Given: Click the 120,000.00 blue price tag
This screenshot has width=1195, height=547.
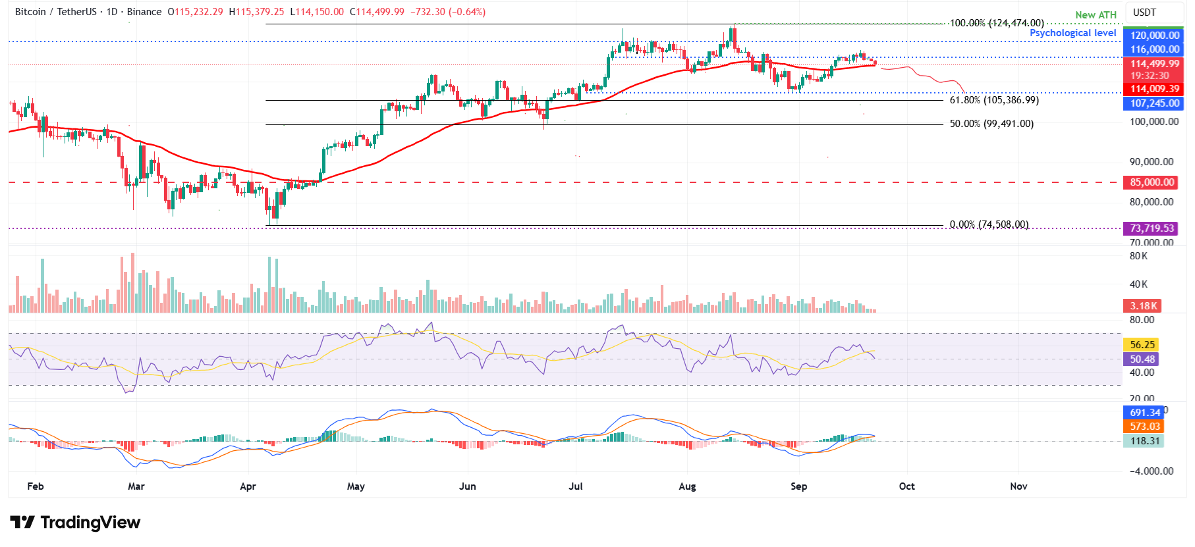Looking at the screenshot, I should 1153,36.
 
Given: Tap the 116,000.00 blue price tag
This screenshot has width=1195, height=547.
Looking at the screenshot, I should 1153,49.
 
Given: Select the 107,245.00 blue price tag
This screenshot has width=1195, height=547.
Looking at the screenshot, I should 1153,103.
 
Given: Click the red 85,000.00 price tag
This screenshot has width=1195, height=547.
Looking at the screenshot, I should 1152,182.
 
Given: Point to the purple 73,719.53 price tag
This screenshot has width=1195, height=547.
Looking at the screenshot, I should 1152,228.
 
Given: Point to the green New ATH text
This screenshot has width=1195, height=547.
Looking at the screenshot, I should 1096,15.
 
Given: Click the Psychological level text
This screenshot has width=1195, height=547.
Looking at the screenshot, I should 1072,33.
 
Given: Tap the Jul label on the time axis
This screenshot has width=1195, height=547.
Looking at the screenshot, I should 576,486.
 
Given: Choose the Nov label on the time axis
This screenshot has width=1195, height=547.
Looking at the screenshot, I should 1018,486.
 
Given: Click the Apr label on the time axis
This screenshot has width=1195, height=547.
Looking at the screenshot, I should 248,486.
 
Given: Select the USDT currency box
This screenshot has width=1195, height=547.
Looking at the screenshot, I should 1144,13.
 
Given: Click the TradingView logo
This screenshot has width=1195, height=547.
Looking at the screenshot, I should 75,523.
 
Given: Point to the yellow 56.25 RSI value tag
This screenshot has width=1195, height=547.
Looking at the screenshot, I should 1142,345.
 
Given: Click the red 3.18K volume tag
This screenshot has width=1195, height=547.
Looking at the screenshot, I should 1143,306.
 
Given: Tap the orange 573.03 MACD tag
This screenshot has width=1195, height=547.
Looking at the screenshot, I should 1144,427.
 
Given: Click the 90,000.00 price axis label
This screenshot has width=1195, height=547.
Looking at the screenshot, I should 1151,162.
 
